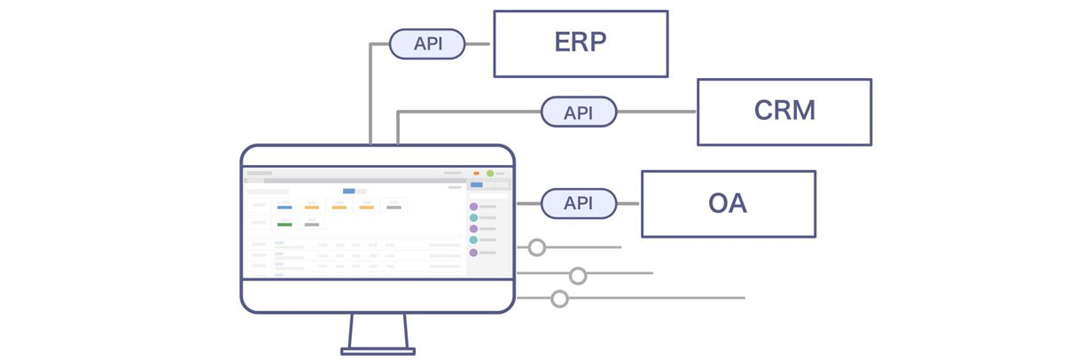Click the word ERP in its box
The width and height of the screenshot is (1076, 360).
tap(580, 43)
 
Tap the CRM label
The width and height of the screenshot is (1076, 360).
tap(784, 111)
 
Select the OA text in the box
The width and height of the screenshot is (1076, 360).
tap(727, 203)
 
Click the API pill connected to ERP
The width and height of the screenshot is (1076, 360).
tap(427, 43)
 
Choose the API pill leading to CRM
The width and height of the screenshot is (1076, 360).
tap(579, 112)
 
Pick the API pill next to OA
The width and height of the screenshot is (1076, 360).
tap(579, 203)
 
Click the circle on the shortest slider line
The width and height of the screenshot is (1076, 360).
tap(536, 247)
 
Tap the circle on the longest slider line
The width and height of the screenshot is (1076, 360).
tap(559, 299)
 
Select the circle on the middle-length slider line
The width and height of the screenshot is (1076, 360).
tap(578, 276)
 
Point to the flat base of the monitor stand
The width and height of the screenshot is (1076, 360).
tap(378, 351)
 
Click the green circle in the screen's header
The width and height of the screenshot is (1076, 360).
tap(490, 173)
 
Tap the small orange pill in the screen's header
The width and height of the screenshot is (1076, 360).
tap(477, 173)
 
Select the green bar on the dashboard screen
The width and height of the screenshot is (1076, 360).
tap(285, 224)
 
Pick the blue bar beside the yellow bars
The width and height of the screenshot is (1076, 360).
tap(285, 207)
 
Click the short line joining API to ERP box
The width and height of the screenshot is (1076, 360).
tap(479, 43)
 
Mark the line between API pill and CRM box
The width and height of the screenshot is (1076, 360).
tap(657, 112)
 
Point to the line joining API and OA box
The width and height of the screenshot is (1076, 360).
tap(628, 203)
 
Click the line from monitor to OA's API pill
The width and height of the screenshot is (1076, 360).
tap(528, 203)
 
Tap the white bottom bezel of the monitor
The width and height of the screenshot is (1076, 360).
tap(378, 295)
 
